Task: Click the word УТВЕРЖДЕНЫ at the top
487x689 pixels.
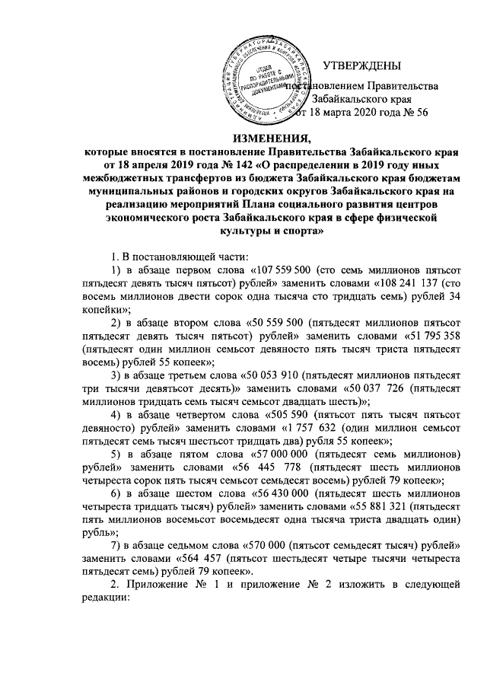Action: click(x=362, y=69)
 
